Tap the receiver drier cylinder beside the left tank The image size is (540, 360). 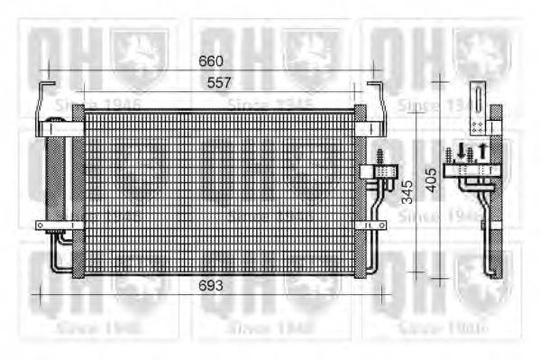(x=56, y=177)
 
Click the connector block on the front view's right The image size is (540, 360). (x=371, y=170)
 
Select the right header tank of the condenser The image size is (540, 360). (x=361, y=189)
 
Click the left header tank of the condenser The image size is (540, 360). (x=78, y=189)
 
